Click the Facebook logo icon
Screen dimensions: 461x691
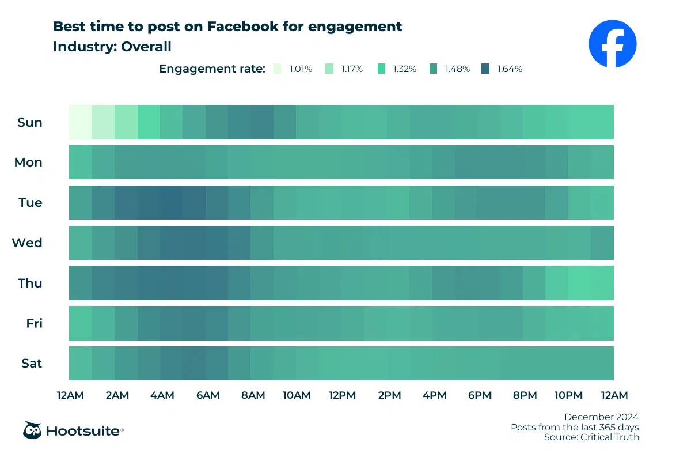pos(612,43)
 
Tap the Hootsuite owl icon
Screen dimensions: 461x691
pos(32,430)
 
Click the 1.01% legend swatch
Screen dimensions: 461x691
pos(278,69)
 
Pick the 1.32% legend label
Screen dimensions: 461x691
pos(405,69)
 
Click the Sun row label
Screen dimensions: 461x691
pos(30,122)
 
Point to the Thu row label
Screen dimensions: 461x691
pos(30,283)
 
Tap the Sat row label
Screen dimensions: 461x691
pos(31,364)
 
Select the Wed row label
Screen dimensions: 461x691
pos(28,243)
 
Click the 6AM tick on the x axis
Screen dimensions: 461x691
pos(207,395)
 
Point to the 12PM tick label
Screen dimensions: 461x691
pos(342,395)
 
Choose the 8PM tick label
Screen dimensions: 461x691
pos(525,395)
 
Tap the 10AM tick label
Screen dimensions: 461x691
pos(297,395)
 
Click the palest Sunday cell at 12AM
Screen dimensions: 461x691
pos(80,122)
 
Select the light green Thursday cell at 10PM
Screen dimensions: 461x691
pos(579,283)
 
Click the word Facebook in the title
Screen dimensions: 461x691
pos(246,27)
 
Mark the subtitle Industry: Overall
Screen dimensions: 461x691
pos(112,46)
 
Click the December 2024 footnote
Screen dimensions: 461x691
pos(601,417)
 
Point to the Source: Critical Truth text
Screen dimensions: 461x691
pos(591,437)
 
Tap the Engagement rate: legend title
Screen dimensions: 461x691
pos(212,69)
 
